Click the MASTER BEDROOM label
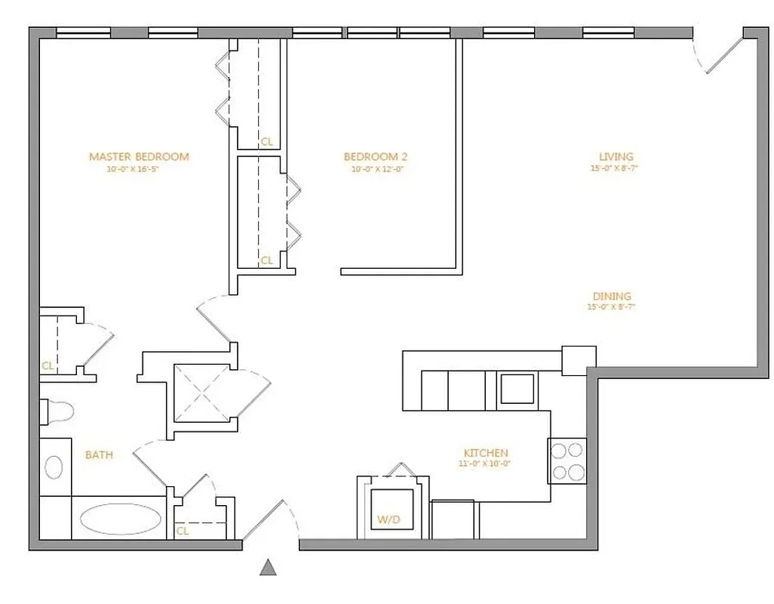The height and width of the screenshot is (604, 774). (139, 156)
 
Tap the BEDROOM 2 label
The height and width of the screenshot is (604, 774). (375, 156)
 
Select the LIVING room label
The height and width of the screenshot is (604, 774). (611, 157)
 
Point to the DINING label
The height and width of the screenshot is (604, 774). (611, 296)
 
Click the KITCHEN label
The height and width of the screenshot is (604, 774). (486, 453)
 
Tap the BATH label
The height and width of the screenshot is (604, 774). (99, 455)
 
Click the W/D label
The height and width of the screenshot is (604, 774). (389, 519)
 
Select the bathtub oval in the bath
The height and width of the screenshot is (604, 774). (120, 519)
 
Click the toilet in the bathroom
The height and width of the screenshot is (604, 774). (57, 411)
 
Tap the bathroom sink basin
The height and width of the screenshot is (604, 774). (54, 466)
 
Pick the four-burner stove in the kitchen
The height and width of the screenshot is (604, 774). (567, 461)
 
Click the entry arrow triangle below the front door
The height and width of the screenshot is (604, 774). (268, 568)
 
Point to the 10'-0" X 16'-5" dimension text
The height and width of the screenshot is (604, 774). (134, 170)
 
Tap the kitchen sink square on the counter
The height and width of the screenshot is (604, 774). (517, 389)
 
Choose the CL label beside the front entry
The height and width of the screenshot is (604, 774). (183, 531)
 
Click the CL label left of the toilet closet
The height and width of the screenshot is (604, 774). (48, 365)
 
